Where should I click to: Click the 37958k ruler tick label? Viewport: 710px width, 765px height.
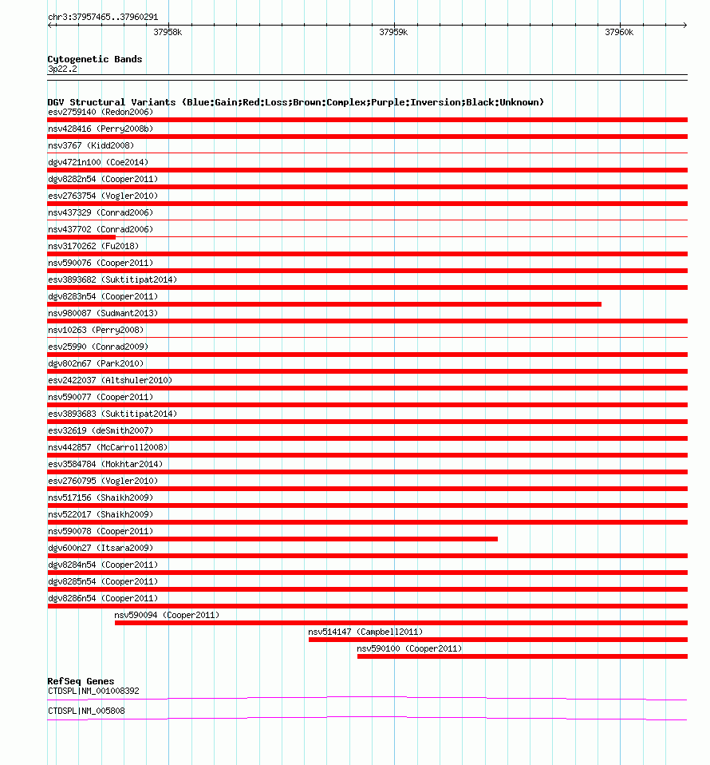coord(168,33)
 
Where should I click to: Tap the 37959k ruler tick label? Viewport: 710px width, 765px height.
coord(393,33)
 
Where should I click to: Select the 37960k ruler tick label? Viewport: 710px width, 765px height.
coord(618,33)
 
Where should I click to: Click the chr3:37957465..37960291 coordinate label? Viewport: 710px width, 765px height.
coord(103,17)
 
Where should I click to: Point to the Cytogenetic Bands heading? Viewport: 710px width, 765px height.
coord(94,59)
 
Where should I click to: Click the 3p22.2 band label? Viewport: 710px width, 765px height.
coord(62,69)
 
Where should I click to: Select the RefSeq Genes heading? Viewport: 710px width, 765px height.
coord(81,681)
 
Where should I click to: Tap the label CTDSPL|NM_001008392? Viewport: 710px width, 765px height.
coord(93,691)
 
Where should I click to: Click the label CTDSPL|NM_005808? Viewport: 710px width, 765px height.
coord(86,711)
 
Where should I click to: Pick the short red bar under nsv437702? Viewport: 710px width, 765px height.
coord(81,237)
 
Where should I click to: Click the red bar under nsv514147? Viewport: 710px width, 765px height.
coord(498,640)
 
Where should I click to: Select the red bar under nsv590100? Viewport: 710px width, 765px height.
coord(522,656)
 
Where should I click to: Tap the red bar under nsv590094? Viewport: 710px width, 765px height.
coord(400,623)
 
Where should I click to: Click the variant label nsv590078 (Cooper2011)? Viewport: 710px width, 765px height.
coord(101,531)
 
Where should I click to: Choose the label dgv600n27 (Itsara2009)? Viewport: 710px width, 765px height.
coord(101,548)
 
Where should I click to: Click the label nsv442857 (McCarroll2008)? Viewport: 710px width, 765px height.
coord(108,447)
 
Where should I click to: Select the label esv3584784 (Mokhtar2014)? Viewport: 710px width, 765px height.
coord(105,464)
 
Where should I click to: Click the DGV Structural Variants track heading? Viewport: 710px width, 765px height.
coord(295,102)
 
